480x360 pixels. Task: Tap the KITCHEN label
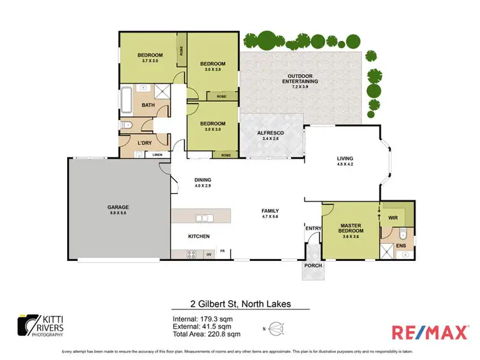click(x=199, y=237)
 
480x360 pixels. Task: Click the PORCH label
click(x=314, y=265)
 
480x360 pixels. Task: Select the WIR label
click(x=393, y=218)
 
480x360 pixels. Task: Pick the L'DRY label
click(x=144, y=143)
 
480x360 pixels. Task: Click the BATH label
click(x=148, y=106)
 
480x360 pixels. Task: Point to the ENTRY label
click(x=314, y=228)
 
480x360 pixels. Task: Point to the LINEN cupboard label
click(x=157, y=155)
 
